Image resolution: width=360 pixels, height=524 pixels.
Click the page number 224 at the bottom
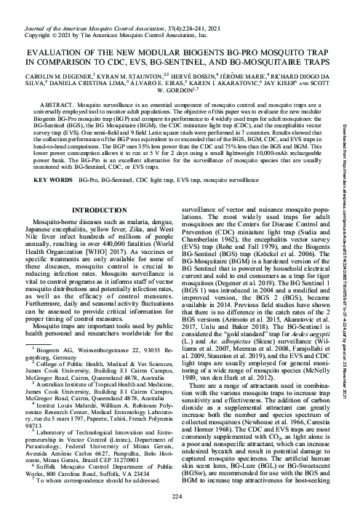[180, 516]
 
